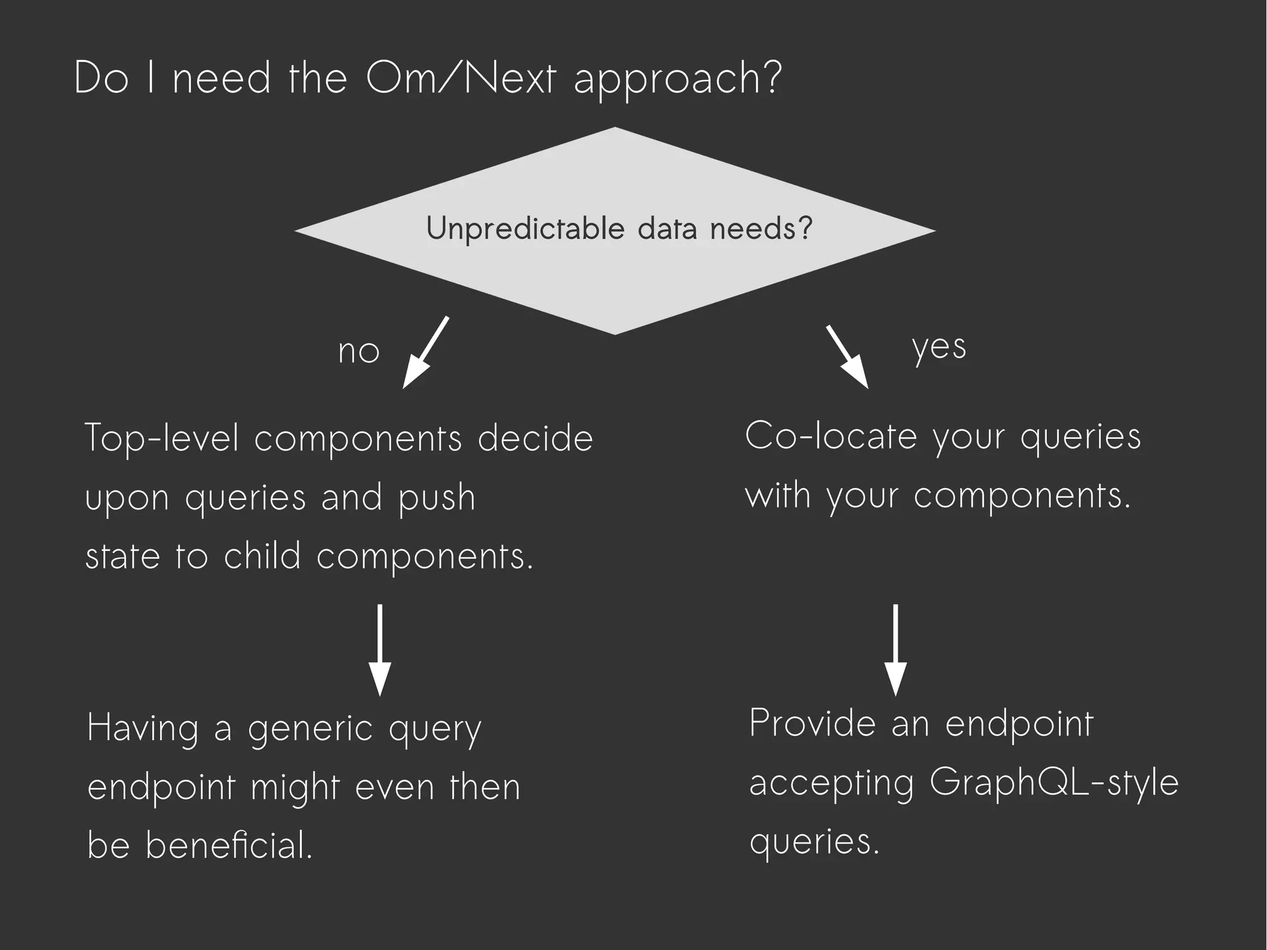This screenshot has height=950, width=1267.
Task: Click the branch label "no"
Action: pyautogui.click(x=358, y=352)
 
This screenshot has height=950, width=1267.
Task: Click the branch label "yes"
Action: pyautogui.click(x=938, y=348)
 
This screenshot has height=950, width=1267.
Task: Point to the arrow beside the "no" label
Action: pyautogui.click(x=425, y=353)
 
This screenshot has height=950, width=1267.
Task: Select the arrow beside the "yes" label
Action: pyautogui.click(x=848, y=357)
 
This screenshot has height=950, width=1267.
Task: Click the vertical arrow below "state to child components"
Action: pyautogui.click(x=379, y=650)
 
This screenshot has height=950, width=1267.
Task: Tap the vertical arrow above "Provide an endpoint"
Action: pyautogui.click(x=895, y=650)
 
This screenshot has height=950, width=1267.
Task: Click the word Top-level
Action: pyautogui.click(x=161, y=438)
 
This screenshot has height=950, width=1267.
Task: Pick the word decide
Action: pyautogui.click(x=535, y=438)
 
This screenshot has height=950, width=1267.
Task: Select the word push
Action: pyautogui.click(x=436, y=498)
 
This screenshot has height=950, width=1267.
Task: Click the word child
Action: pyautogui.click(x=262, y=555)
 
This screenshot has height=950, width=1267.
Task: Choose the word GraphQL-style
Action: pyautogui.click(x=1054, y=783)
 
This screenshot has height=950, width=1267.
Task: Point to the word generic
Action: pyautogui.click(x=311, y=729)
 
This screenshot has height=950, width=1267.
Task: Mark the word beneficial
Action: pyautogui.click(x=229, y=845)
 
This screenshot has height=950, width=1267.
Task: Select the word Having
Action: pyautogui.click(x=143, y=729)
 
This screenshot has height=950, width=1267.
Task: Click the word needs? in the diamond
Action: pyautogui.click(x=760, y=229)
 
